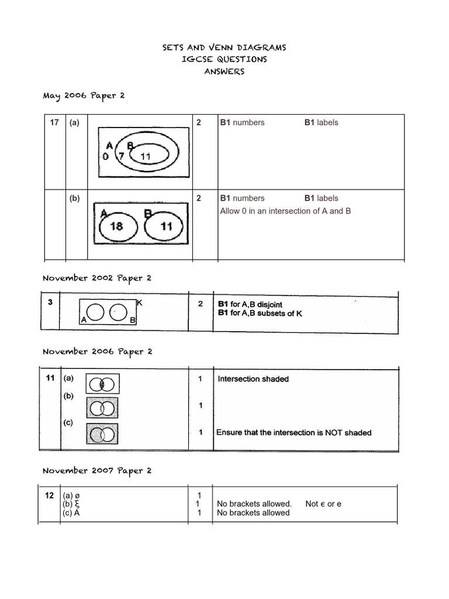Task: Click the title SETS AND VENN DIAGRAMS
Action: coord(224,47)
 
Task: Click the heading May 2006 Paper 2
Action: coord(84,95)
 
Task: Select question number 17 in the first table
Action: coord(54,122)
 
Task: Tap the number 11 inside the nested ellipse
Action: coord(146,156)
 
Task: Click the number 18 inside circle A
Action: coord(116,226)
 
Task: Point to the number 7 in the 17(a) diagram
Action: coord(120,157)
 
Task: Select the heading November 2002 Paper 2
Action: coord(97,278)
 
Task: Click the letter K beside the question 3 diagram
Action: coord(139,302)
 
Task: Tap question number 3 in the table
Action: coord(51,302)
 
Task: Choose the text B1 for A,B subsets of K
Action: coord(260,313)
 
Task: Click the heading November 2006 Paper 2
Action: coord(98,352)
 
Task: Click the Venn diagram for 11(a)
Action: coord(102,384)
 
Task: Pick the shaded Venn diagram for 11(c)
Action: coord(102,434)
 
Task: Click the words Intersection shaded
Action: coord(253,379)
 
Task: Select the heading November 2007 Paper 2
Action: coord(97,471)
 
